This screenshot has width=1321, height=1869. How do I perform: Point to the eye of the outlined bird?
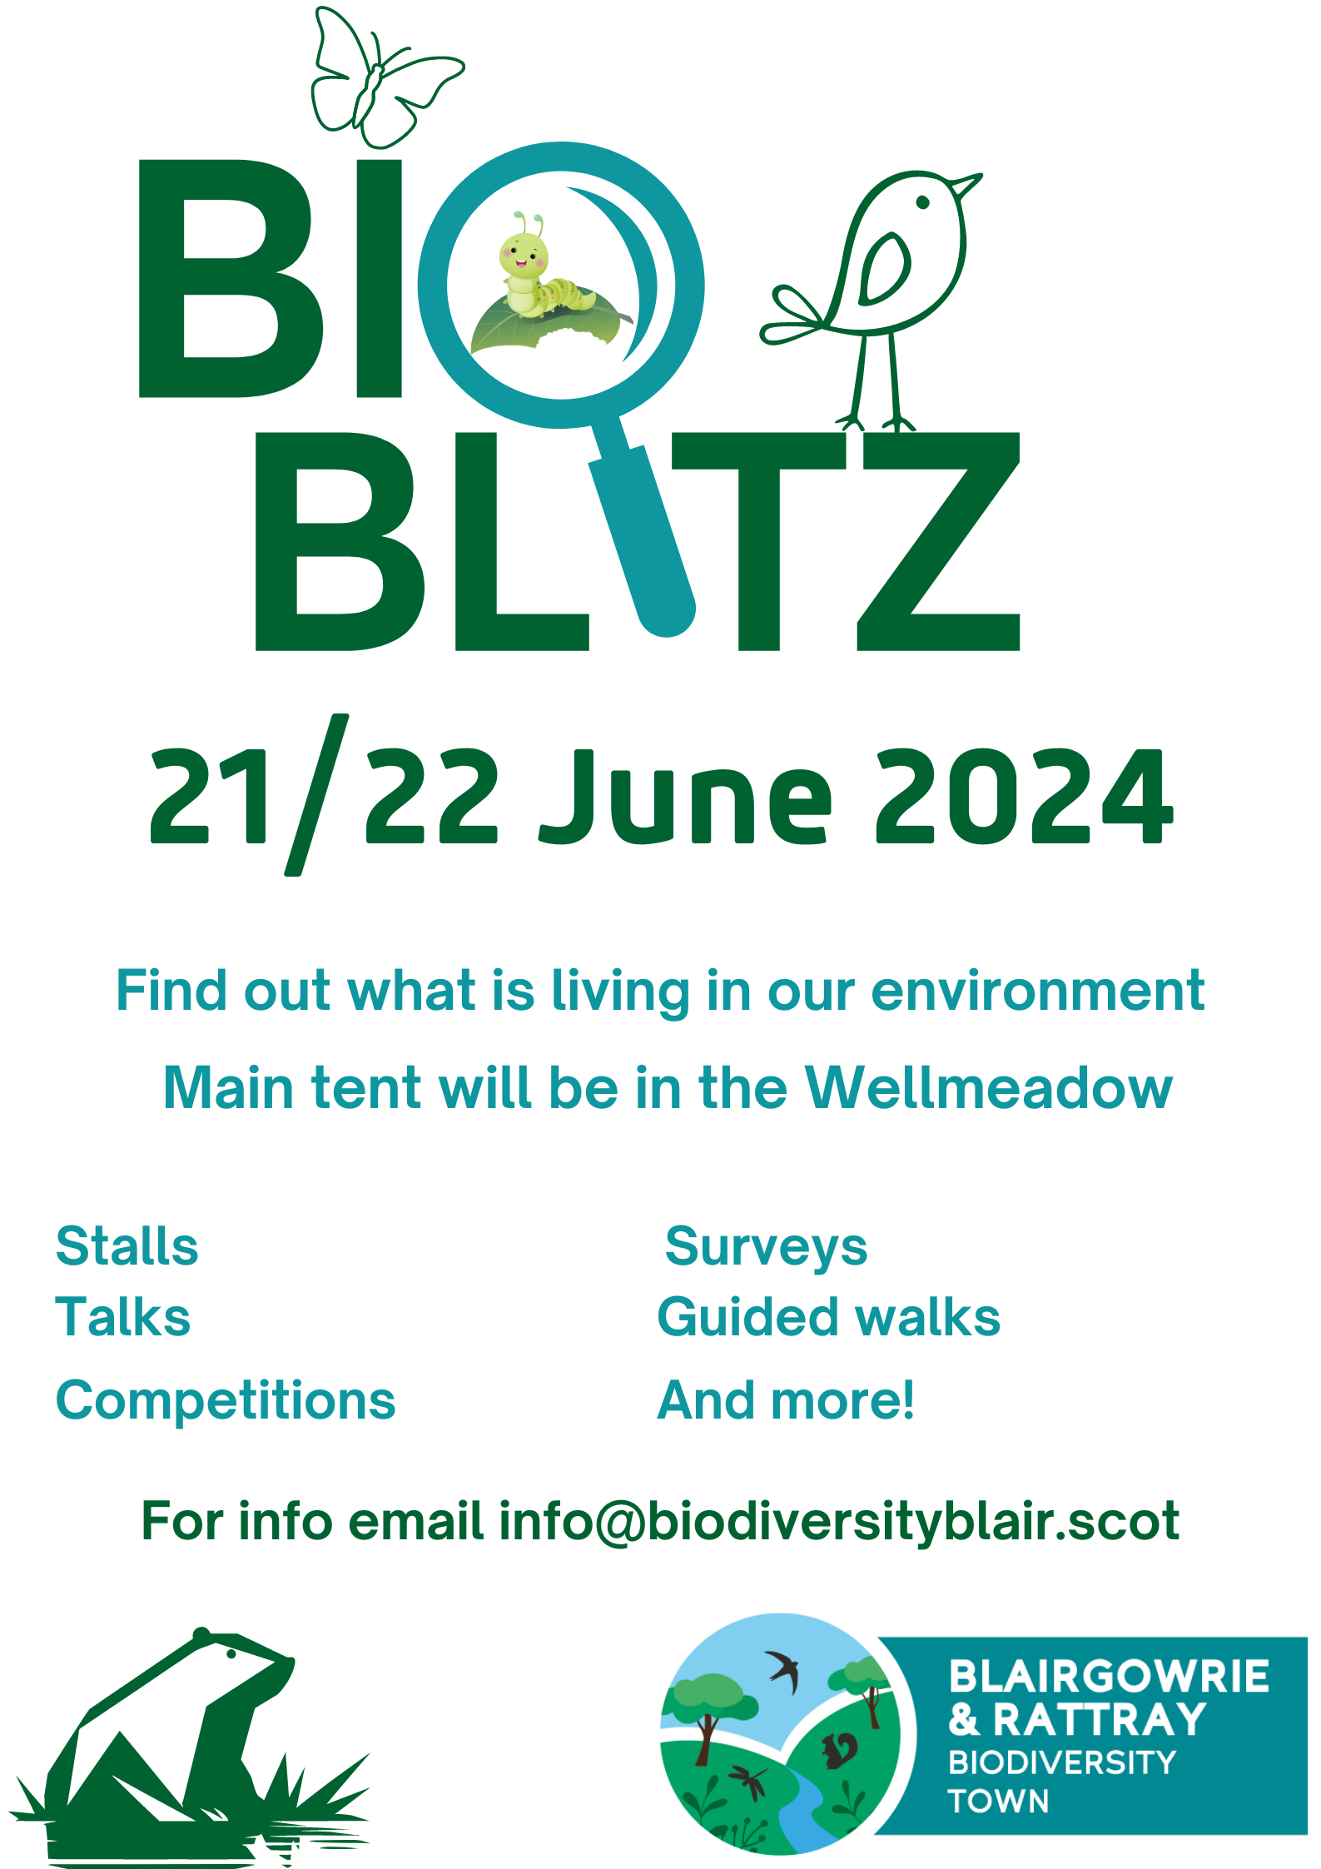(922, 201)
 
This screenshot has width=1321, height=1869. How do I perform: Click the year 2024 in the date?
(1024, 795)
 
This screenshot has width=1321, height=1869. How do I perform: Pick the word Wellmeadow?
(988, 1088)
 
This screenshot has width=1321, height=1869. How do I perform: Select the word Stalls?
(127, 1246)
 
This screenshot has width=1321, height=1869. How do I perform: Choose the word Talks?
(123, 1317)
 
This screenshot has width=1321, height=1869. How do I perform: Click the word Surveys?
(766, 1246)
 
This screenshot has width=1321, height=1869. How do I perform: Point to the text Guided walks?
(828, 1317)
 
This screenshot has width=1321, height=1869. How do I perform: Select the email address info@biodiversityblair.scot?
(838, 1521)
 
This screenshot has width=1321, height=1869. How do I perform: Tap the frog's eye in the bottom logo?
(231, 1653)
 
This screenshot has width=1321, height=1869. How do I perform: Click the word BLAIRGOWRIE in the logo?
(1109, 1677)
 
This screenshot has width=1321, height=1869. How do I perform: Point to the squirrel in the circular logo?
(840, 1750)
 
